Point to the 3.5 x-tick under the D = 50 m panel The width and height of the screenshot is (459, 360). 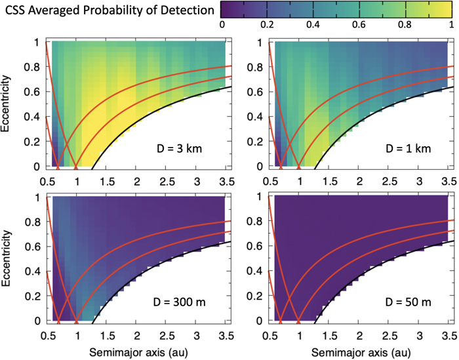tap(447, 334)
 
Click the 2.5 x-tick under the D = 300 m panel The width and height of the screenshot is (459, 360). tap(166, 334)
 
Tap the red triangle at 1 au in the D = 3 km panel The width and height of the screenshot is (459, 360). tap(77, 166)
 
